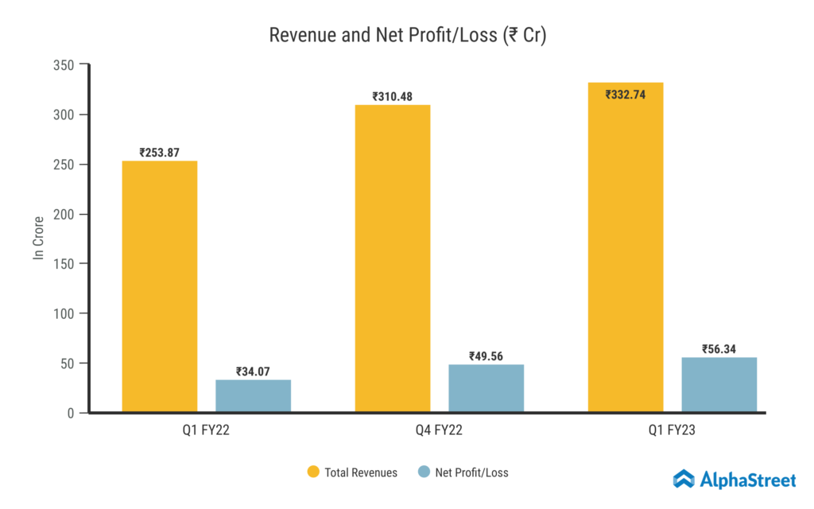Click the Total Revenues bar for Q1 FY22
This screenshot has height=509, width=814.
pyautogui.click(x=160, y=286)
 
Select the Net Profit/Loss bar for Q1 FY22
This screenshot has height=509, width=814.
pyautogui.click(x=253, y=396)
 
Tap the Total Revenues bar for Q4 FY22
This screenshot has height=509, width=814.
pyautogui.click(x=393, y=258)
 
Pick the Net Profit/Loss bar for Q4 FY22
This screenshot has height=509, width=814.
pyautogui.click(x=486, y=388)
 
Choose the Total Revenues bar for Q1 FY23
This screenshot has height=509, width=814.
pyautogui.click(x=626, y=247)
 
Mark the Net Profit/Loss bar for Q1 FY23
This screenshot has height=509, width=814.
pyautogui.click(x=719, y=385)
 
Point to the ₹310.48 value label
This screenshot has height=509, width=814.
pyautogui.click(x=393, y=96)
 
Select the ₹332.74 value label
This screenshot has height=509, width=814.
pyautogui.click(x=626, y=94)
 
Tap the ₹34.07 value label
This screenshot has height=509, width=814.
pyautogui.click(x=253, y=371)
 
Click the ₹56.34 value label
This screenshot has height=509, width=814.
pyautogui.click(x=719, y=349)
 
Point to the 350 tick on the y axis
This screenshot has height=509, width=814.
pyautogui.click(x=64, y=65)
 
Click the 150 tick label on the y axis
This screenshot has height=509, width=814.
pyautogui.click(x=64, y=264)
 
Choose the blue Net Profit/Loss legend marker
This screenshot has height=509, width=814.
pyautogui.click(x=423, y=472)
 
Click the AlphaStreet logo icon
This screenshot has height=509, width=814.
pyautogui.click(x=684, y=479)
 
